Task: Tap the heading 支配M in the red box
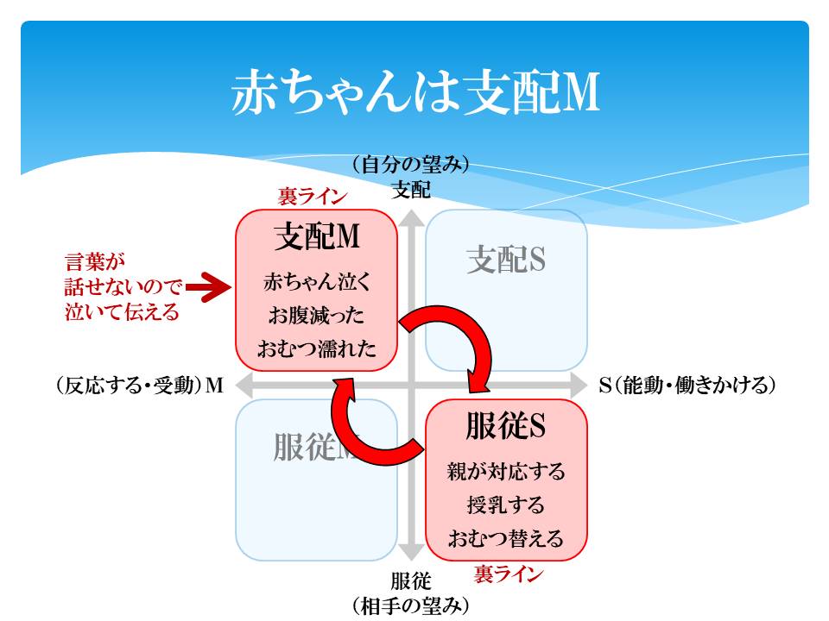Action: point(317,238)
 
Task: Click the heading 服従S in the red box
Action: point(506,425)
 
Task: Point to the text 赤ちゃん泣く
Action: point(317,283)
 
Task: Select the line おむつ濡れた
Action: point(317,349)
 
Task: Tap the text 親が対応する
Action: point(506,472)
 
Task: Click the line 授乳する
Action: point(506,505)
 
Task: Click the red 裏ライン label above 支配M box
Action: point(313,197)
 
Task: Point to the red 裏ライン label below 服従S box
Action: point(509,574)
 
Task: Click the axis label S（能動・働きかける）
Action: point(687,385)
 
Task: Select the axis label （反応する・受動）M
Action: point(137,386)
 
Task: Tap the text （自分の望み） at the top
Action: point(410,164)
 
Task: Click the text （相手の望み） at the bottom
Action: point(410,606)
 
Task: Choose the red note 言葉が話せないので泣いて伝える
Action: point(123,287)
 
